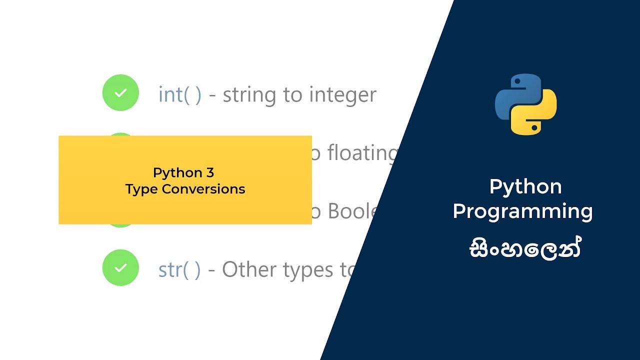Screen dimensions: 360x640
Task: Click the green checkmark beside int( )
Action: pyautogui.click(x=120, y=92)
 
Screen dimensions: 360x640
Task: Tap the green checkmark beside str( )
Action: pyautogui.click(x=120, y=268)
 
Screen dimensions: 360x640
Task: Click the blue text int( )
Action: pyautogui.click(x=179, y=94)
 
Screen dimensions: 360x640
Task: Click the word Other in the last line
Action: pyautogui.click(x=249, y=270)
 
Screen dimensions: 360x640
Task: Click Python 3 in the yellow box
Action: pyautogui.click(x=183, y=173)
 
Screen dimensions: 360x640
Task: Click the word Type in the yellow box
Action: pyautogui.click(x=141, y=189)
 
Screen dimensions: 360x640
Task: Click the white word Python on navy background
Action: pyautogui.click(x=525, y=186)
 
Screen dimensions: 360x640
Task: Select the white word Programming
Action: pyautogui.click(x=522, y=211)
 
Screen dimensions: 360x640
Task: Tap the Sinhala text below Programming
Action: pyautogui.click(x=525, y=248)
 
